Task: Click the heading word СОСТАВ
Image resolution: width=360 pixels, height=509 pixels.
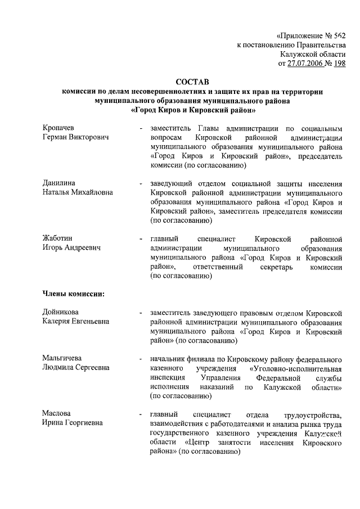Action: (194, 82)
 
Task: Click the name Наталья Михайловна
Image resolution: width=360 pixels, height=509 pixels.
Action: (78, 192)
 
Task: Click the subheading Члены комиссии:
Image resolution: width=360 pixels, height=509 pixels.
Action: (74, 292)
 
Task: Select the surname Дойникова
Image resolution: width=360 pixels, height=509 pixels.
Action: (61, 312)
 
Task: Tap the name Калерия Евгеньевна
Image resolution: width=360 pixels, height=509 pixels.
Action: (76, 321)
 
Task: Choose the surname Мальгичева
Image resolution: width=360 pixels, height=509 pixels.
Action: (62, 358)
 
